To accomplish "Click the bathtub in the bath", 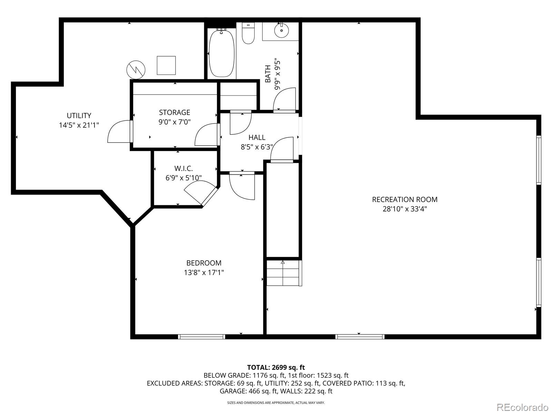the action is click(221, 53).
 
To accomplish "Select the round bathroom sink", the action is click(282, 30).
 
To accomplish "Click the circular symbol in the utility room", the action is click(136, 70).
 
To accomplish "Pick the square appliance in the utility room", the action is click(166, 65).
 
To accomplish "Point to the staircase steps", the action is click(284, 273).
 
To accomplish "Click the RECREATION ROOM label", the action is click(405, 200).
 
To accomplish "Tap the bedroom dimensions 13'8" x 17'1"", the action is click(204, 273).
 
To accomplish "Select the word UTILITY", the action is click(79, 116).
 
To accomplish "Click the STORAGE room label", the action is click(175, 112).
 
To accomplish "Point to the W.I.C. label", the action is click(184, 168).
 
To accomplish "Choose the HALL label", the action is click(257, 138).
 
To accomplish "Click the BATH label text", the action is click(268, 73).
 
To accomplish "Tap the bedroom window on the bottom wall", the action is click(202, 337).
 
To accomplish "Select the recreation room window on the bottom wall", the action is click(360, 337).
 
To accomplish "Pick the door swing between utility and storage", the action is click(120, 131).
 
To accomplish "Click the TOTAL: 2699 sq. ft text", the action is click(276, 367).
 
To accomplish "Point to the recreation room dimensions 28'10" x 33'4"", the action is click(405, 209).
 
